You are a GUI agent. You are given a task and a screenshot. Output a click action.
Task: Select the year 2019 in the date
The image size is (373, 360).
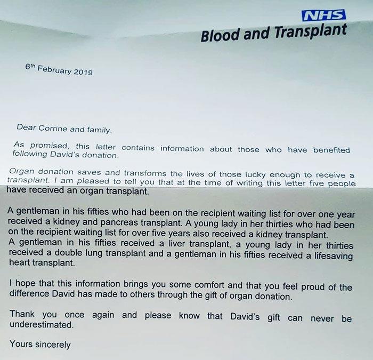(x=82, y=72)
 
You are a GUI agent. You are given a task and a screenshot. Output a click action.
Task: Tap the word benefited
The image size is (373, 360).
(x=331, y=150)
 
